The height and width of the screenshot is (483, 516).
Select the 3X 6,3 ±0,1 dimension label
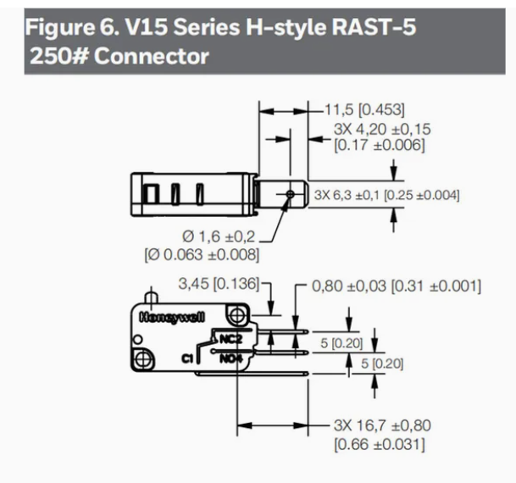tap(347, 195)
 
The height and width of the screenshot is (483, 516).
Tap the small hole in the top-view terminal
tap(290, 194)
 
